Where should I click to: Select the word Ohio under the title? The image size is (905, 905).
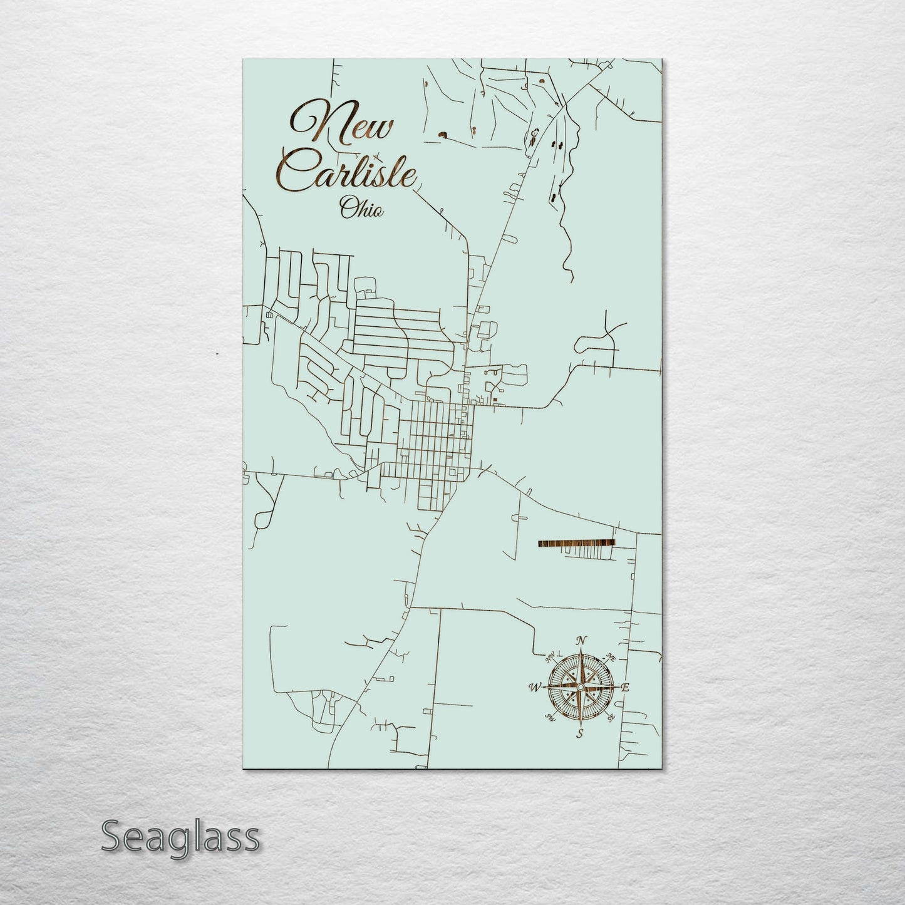pos(361,208)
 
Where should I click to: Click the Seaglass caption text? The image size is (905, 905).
pos(180,837)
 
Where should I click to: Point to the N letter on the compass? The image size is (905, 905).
pos(581,640)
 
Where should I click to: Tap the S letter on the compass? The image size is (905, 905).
pos(581,733)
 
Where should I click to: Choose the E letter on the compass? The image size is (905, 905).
pos(624,688)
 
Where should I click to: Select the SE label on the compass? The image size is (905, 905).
pos(611,718)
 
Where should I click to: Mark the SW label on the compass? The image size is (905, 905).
pos(551,718)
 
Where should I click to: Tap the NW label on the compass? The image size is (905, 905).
pos(551,658)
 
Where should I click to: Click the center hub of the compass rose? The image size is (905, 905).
pos(581,688)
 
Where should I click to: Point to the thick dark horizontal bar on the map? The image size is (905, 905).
pos(576,542)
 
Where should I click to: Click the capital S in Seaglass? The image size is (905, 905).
pos(112,837)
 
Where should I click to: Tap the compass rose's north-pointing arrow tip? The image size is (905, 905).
pos(581,651)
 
